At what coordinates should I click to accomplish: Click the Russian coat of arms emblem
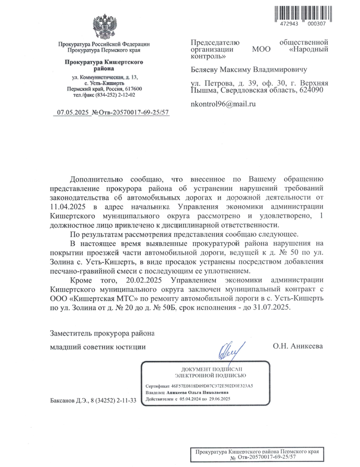(104, 26)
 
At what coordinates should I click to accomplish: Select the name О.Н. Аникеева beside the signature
(298, 346)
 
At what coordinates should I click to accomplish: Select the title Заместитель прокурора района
(103, 333)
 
